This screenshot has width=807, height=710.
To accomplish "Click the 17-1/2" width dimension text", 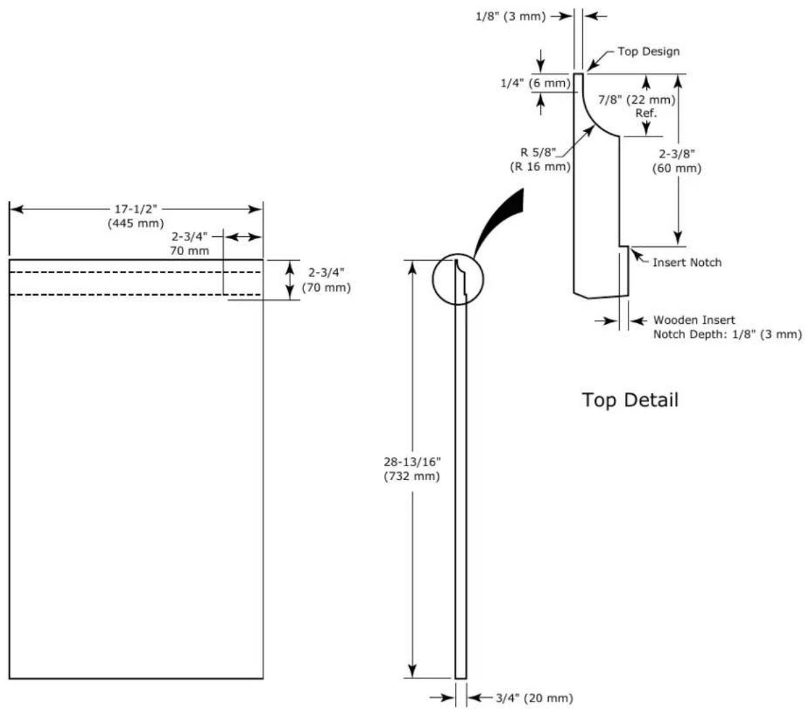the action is (136, 209).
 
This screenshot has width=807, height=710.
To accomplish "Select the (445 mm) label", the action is (136, 223).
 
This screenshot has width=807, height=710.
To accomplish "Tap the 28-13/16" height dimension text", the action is (412, 462).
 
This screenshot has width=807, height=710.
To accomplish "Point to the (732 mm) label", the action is (412, 476).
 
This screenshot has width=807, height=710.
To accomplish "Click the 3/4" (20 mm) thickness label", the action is (534, 698).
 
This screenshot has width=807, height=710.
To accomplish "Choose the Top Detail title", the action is (630, 399).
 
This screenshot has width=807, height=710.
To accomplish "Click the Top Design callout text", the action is (649, 51).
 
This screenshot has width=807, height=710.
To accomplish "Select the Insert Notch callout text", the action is (687, 263).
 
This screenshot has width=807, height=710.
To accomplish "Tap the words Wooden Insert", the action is (694, 320).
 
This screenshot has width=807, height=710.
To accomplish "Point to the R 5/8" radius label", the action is (538, 152).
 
